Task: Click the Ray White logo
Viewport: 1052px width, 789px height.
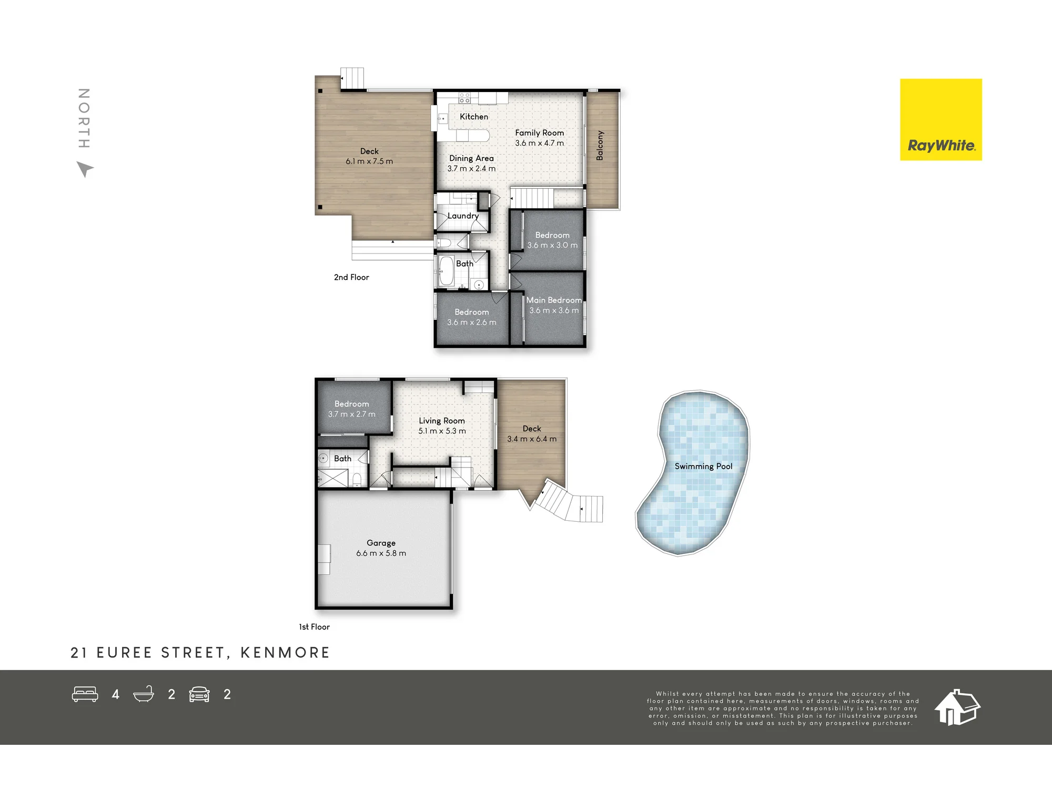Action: click(941, 119)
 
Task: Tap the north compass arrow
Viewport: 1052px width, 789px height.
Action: click(85, 169)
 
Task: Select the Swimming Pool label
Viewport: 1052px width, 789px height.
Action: click(703, 467)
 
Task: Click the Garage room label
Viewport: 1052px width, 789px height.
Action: click(381, 543)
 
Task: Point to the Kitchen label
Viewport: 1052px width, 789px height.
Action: click(474, 117)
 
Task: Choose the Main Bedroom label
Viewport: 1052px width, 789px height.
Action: click(554, 300)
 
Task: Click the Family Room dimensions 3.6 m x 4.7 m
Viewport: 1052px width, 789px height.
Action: click(539, 143)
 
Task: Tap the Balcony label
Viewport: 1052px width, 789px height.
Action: click(600, 145)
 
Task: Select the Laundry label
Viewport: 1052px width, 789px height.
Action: click(463, 216)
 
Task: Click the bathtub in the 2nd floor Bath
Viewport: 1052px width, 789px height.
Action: click(446, 271)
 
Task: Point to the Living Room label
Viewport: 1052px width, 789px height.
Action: click(442, 421)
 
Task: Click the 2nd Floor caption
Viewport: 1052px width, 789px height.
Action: click(351, 277)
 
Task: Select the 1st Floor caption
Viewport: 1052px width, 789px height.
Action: click(314, 627)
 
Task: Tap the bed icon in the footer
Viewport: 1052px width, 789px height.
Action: click(85, 694)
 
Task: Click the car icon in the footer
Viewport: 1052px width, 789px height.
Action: click(199, 694)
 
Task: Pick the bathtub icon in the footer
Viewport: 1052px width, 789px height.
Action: click(144, 694)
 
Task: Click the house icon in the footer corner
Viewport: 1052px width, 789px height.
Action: click(957, 707)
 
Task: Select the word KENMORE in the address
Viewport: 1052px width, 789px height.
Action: click(285, 653)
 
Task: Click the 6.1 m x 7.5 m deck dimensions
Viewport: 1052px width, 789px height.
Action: click(369, 161)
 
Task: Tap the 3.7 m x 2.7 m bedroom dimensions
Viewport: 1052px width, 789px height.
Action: click(352, 414)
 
